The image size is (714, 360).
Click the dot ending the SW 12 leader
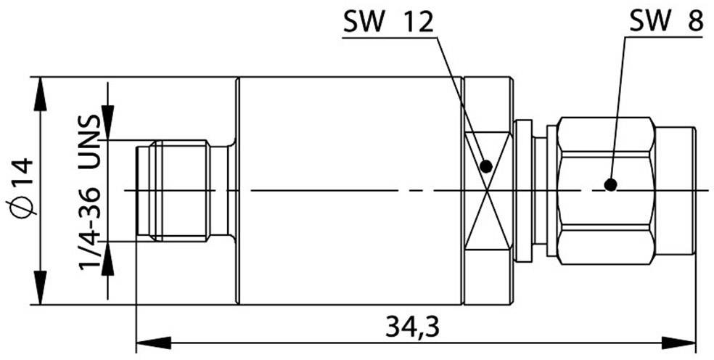point(486,166)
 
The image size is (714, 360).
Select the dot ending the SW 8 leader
point(611,185)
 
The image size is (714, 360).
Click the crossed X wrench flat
point(487,190)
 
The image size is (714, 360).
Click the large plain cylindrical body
point(348,190)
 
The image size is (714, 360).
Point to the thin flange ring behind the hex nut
point(522,190)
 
